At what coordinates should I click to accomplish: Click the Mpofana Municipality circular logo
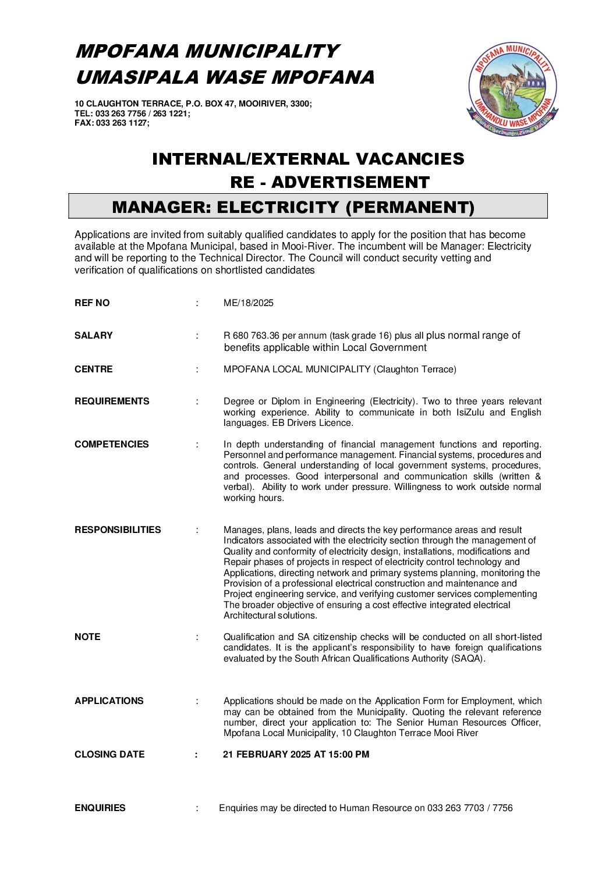[513, 89]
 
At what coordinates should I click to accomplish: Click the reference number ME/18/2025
[249, 303]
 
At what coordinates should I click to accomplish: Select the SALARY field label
[94, 336]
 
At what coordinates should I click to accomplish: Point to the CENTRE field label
[94, 369]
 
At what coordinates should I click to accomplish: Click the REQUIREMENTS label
[112, 401]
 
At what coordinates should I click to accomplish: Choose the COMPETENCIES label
[112, 445]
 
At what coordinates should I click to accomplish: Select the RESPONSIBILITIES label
[118, 530]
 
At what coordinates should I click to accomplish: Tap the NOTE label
[87, 637]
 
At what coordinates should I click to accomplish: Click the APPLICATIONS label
[109, 701]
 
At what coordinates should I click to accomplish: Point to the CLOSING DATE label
[109, 755]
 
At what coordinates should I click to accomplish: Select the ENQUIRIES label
[100, 808]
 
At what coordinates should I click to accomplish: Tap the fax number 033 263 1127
[122, 123]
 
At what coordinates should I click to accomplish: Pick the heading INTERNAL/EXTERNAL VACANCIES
[308, 159]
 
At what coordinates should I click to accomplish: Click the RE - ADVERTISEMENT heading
[330, 182]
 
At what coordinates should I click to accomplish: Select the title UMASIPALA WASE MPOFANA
[225, 77]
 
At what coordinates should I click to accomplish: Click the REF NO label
[92, 303]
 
